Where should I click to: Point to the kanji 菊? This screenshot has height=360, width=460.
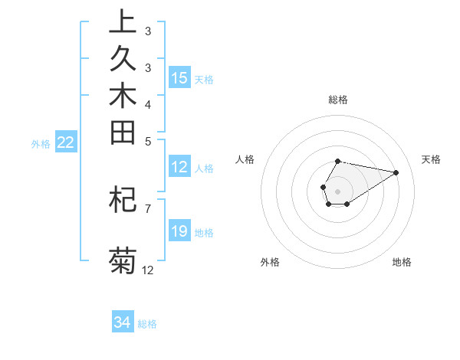pos(123,261)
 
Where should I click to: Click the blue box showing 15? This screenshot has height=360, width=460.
pos(179,78)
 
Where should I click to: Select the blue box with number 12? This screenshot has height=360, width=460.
pos(179,167)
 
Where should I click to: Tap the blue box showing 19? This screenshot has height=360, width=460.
pos(179,231)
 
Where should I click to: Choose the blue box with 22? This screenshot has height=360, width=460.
pos(66,142)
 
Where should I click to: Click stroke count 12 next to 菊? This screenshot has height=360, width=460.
pos(148,270)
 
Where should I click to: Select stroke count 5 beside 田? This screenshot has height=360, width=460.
pos(148,140)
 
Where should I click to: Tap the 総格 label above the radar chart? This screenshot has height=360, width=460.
pos(338,100)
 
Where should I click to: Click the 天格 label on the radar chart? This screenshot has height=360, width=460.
pos(431,159)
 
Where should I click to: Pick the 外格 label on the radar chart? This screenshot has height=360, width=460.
pos(270,262)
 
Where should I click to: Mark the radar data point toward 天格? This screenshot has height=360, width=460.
pos(396,172)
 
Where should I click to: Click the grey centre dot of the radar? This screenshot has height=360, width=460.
pos(337,190)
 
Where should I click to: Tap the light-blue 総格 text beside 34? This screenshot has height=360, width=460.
pos(147,324)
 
